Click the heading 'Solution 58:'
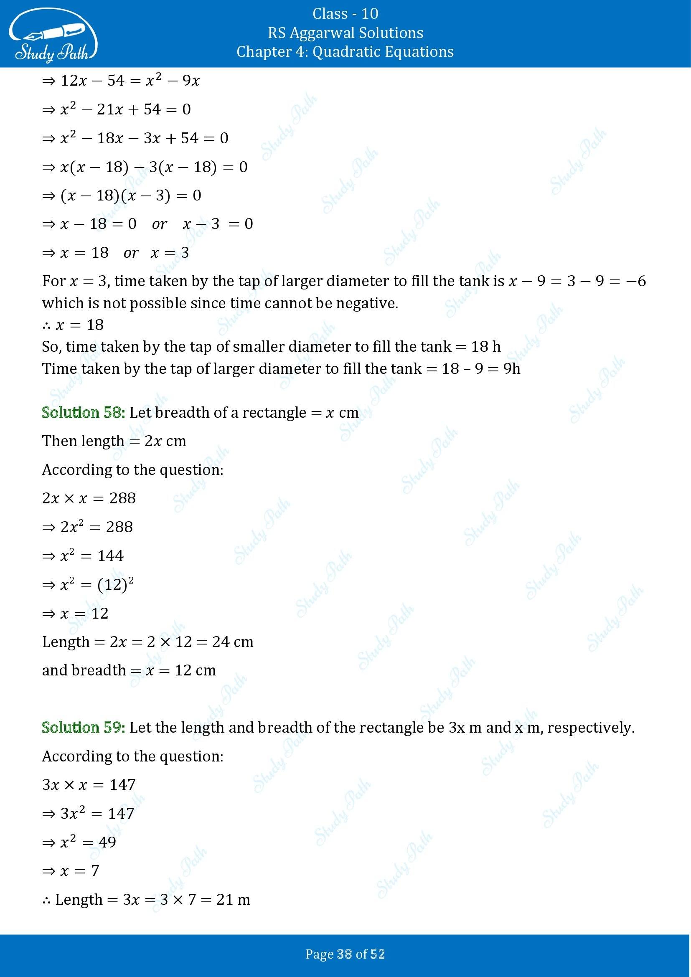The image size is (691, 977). [x=84, y=412]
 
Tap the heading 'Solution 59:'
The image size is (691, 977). [x=84, y=727]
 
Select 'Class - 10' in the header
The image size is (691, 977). [x=345, y=14]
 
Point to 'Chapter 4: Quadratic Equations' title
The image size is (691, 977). [x=345, y=51]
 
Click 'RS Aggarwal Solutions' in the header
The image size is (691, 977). [x=345, y=33]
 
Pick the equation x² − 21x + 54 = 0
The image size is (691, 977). [x=125, y=109]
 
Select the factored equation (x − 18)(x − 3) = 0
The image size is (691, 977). [x=131, y=195]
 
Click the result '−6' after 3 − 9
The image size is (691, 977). [x=637, y=281]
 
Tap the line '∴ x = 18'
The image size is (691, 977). [x=73, y=325]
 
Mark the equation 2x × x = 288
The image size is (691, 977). [x=89, y=498]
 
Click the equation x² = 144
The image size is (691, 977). [x=91, y=556]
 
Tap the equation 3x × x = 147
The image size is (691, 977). [x=89, y=785]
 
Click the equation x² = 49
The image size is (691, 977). [x=88, y=842]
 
